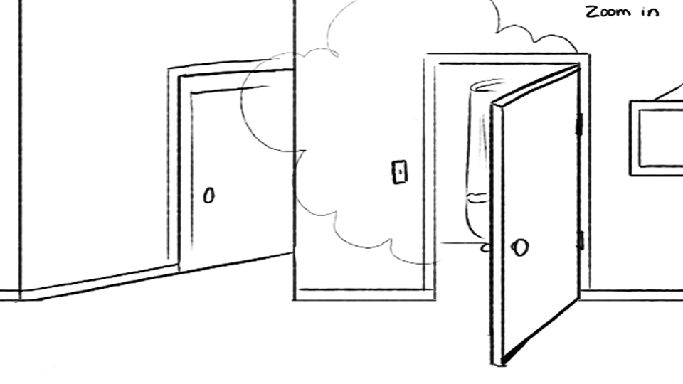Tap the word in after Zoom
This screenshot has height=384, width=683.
click(650, 12)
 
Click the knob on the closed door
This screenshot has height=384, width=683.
click(209, 196)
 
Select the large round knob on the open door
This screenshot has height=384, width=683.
click(519, 247)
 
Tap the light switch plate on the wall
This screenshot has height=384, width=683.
click(400, 172)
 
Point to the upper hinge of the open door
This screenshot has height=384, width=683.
click(579, 124)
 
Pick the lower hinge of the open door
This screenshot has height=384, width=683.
click(581, 240)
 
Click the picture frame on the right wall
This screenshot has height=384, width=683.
click(656, 138)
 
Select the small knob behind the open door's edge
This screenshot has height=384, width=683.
click(485, 248)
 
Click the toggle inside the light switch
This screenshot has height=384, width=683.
click(400, 172)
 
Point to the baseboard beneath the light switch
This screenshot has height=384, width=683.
click(364, 294)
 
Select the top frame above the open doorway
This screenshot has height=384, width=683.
click(507, 59)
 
